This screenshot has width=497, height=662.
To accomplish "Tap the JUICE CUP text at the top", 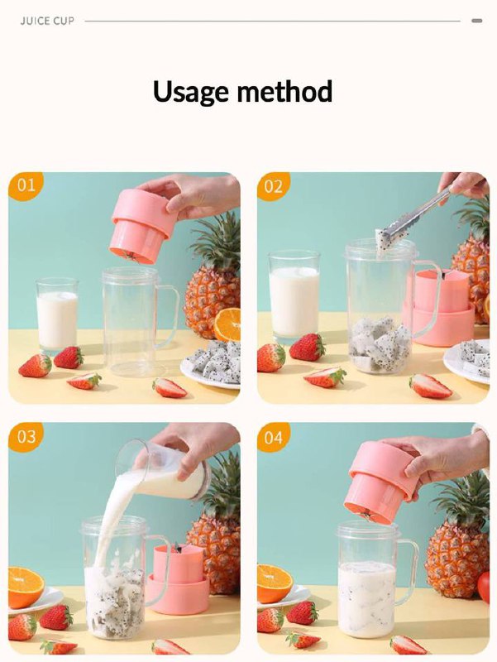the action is (x=47, y=21).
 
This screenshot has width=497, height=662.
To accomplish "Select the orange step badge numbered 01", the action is (x=26, y=185).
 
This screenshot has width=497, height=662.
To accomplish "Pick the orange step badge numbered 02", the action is (x=274, y=185).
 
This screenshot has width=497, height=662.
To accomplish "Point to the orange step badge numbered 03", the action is (x=26, y=436).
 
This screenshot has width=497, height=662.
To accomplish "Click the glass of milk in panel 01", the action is (x=57, y=315).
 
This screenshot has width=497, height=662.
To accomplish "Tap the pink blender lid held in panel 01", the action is (x=142, y=226).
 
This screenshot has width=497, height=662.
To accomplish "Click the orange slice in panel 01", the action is (x=227, y=324).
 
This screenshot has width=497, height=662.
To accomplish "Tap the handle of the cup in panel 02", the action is (x=430, y=298).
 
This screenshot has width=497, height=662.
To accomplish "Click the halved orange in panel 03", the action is (x=26, y=588).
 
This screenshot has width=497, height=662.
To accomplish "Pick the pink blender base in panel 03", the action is (x=179, y=579).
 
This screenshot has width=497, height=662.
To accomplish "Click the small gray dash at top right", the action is (x=477, y=21).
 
